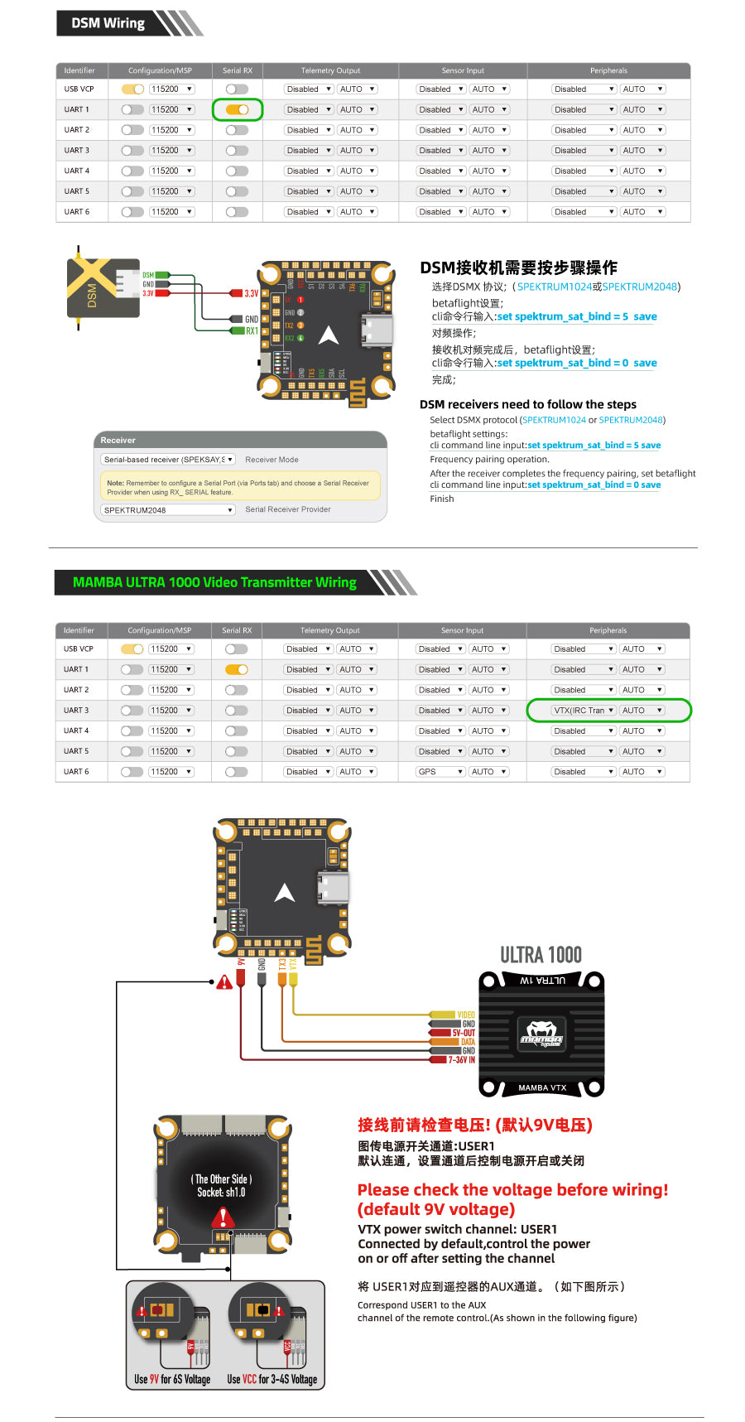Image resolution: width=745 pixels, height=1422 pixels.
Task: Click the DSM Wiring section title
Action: point(108,23)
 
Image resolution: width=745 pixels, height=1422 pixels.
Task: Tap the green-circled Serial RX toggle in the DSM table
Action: point(238,109)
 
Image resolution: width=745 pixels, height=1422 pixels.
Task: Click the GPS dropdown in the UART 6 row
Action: point(440,772)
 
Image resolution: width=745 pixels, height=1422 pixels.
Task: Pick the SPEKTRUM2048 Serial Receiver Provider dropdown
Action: point(168,510)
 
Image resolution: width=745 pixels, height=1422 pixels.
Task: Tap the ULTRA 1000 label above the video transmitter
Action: point(541,955)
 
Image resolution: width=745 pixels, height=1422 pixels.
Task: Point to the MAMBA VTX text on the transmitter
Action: point(542,1087)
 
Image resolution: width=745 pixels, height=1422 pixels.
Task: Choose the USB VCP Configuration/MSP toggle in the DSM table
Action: point(132,89)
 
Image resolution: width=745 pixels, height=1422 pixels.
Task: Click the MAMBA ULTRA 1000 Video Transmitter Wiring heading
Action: point(214,582)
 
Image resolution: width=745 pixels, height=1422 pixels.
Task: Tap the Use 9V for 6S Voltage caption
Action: point(172,1379)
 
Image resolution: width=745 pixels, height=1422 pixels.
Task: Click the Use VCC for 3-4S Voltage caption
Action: point(272,1379)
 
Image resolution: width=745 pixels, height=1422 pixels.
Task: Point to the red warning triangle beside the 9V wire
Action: point(224,983)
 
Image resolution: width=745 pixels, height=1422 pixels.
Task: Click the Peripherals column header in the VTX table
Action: point(608,630)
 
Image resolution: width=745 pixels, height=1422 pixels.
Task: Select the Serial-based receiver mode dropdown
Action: point(168,460)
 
